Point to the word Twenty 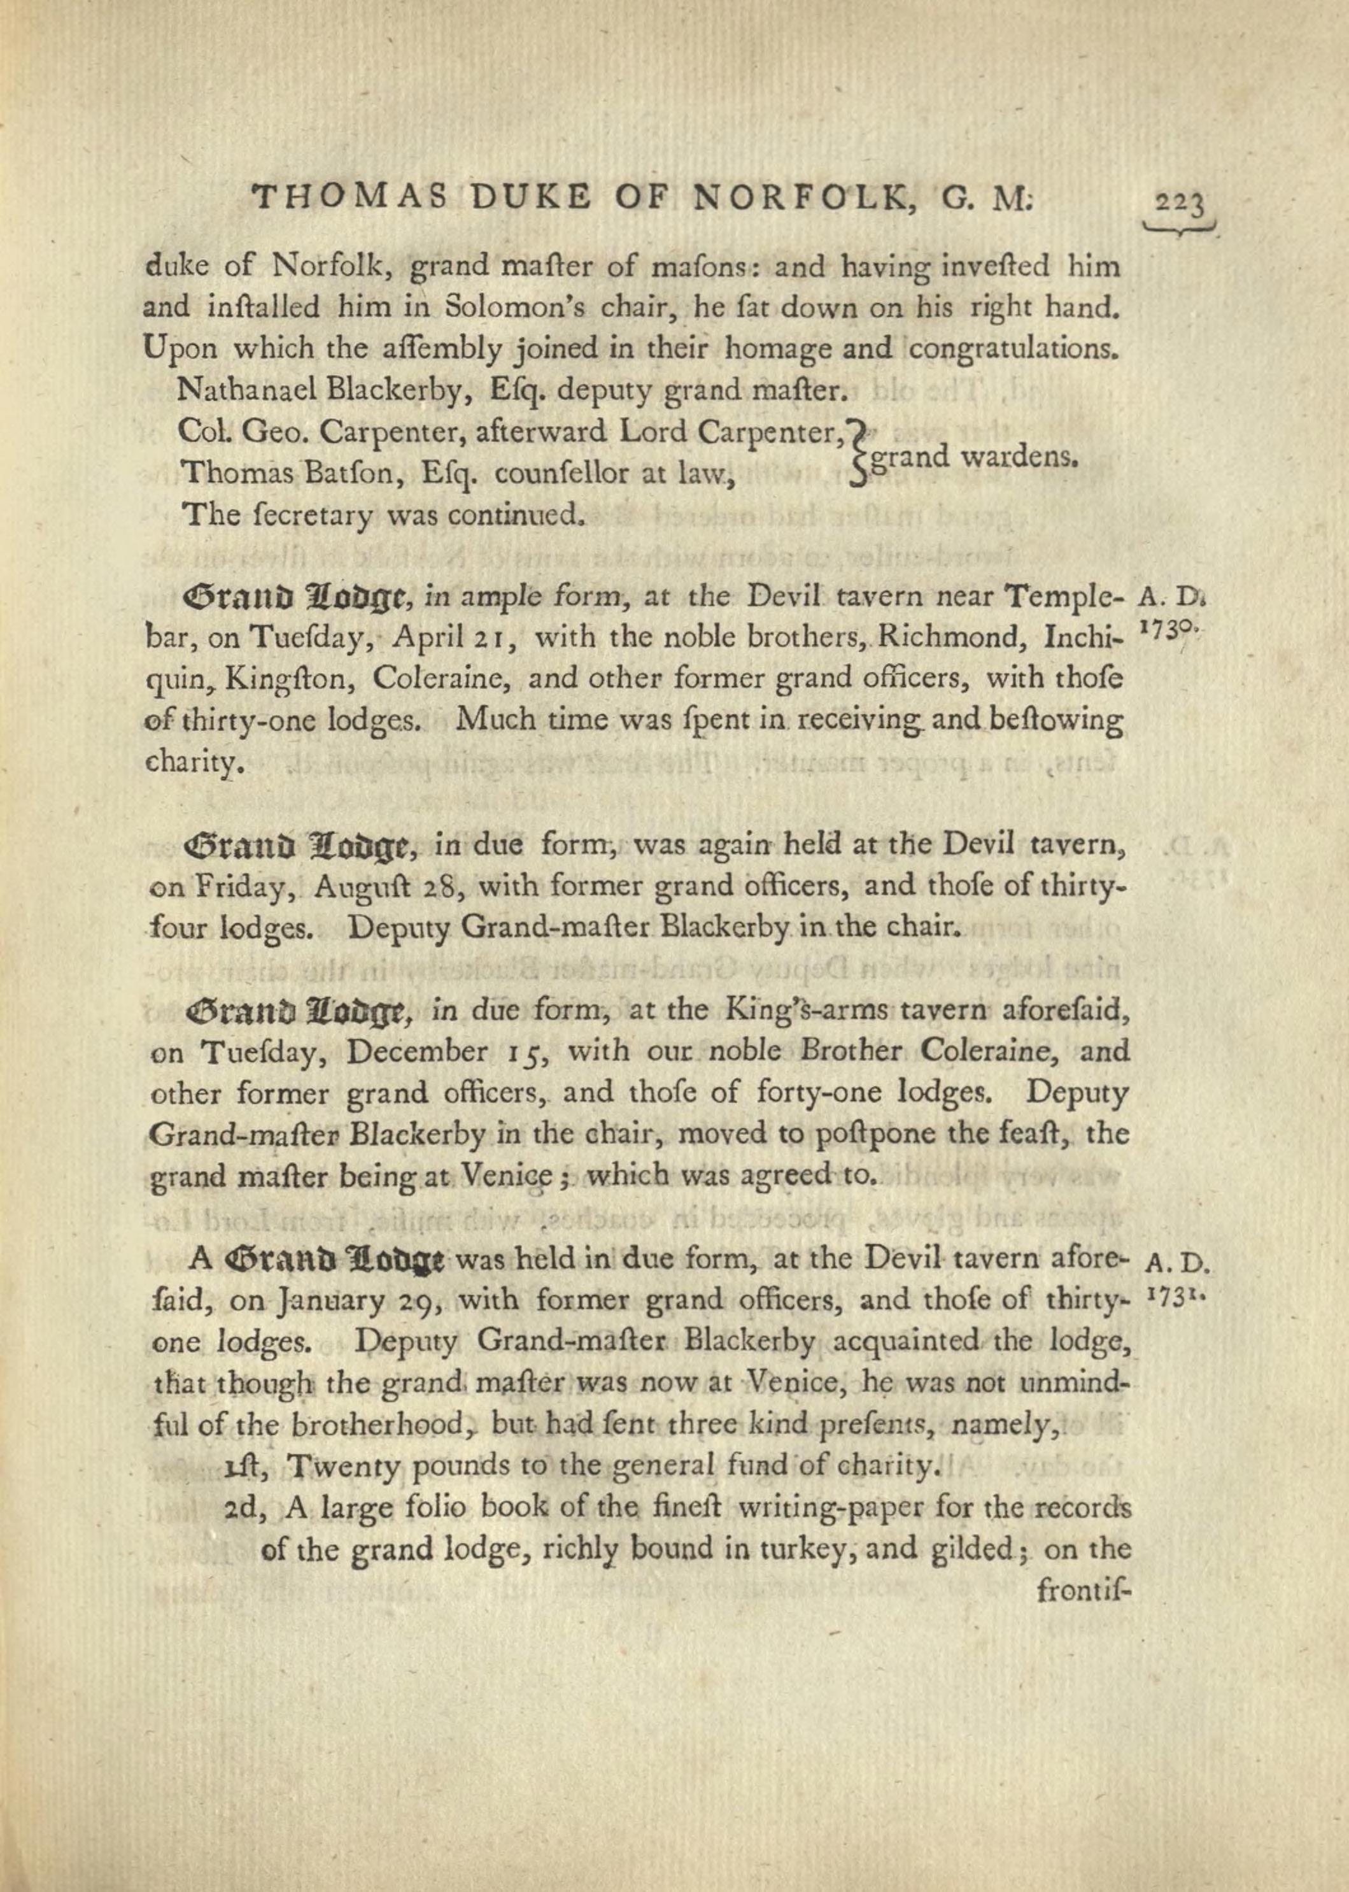click(x=332, y=1466)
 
